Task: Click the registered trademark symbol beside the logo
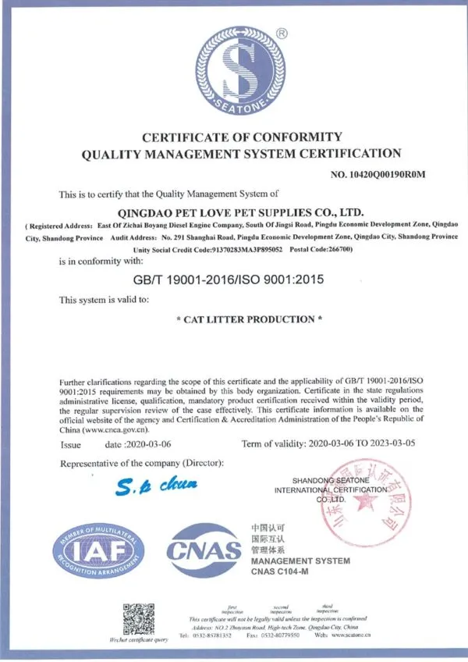pyautogui.click(x=282, y=34)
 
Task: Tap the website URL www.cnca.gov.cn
pyautogui.click(x=114, y=429)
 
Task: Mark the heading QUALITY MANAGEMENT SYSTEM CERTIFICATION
pyautogui.click(x=241, y=154)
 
